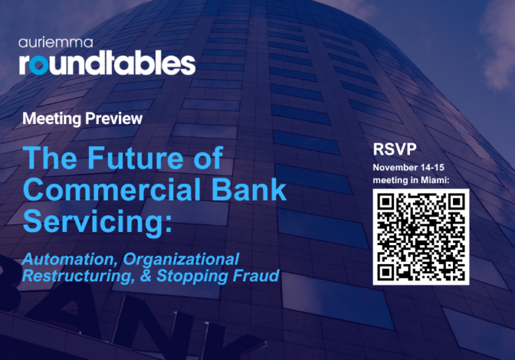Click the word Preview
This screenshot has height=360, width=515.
(113, 118)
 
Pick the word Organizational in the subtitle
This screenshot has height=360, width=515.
(182, 259)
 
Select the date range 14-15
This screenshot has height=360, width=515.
(441, 169)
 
